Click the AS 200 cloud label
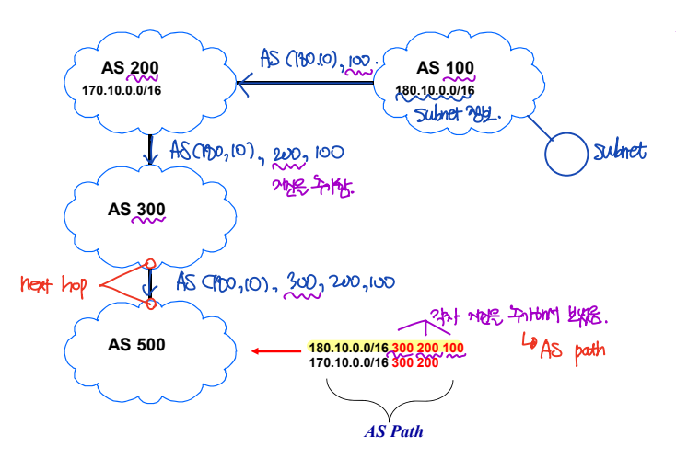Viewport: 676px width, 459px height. point(131,68)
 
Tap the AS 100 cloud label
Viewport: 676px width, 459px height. point(441,68)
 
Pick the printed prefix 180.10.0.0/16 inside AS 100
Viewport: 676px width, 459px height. point(436,91)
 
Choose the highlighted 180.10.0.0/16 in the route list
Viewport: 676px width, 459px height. point(348,348)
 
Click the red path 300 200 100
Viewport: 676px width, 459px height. point(427,348)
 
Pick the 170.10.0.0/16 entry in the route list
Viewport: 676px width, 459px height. point(348,361)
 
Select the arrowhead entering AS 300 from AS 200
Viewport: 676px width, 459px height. point(150,157)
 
